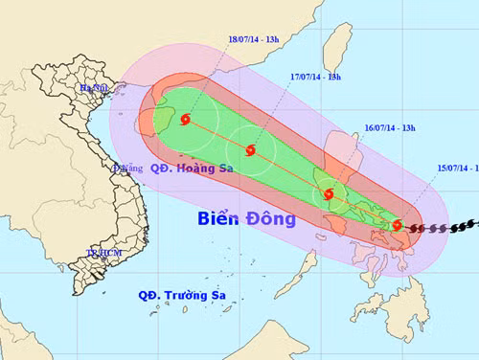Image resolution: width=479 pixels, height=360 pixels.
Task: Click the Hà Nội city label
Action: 97,88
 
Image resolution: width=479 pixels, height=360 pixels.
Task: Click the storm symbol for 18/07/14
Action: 185,121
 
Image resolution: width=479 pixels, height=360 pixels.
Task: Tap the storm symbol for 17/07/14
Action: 251,150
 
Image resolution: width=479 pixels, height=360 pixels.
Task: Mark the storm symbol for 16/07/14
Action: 330,194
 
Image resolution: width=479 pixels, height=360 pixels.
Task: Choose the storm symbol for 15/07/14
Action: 398,226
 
